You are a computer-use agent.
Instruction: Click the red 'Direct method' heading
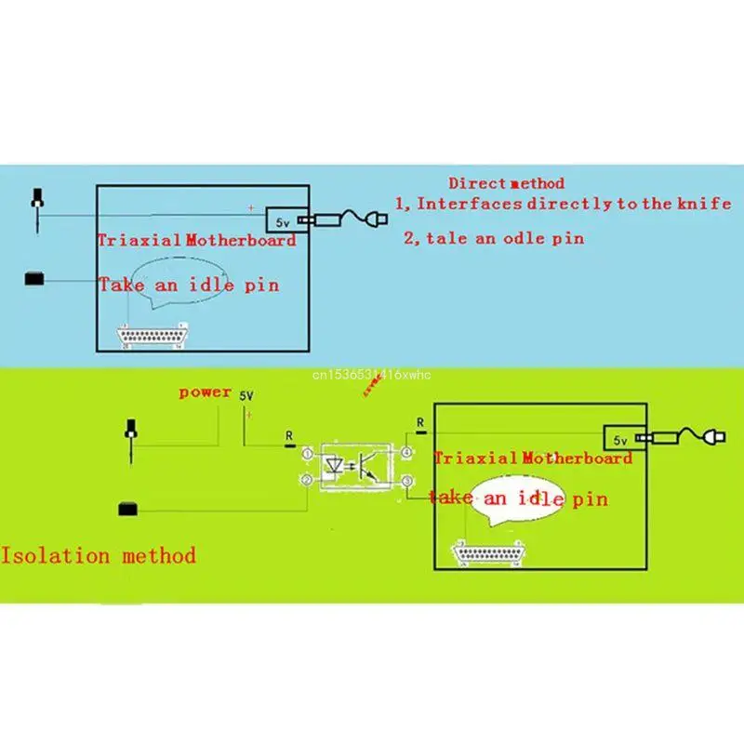(506, 183)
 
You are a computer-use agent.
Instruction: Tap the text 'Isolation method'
(99, 556)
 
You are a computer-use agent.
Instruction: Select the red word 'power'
(205, 392)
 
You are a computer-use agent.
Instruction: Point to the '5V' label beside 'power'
(247, 395)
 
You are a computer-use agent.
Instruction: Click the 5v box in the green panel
(619, 437)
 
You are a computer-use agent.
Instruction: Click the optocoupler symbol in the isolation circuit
(357, 465)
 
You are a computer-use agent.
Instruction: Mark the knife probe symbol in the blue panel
(37, 209)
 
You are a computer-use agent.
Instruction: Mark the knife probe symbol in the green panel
(132, 441)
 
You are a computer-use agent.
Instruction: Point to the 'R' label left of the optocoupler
(288, 434)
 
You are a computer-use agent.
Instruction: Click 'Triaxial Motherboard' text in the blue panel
(197, 240)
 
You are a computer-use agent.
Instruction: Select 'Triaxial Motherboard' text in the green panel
(533, 458)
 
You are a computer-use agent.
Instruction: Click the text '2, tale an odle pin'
(494, 238)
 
